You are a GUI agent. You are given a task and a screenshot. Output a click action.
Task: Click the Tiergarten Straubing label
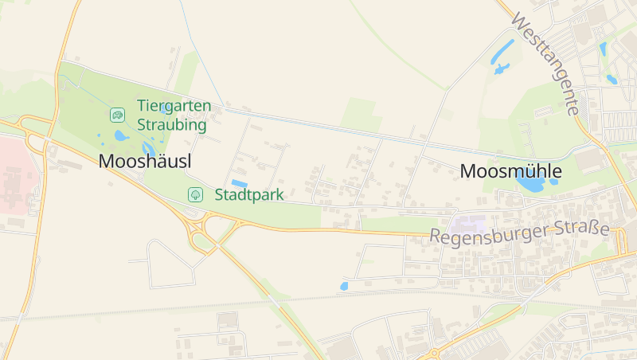(173, 115)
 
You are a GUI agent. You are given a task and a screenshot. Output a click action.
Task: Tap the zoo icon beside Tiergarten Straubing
(117, 115)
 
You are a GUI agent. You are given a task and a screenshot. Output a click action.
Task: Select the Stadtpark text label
(249, 194)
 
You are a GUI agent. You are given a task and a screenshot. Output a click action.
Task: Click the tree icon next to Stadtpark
(194, 194)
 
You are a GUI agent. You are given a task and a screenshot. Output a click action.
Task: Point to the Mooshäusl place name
(145, 161)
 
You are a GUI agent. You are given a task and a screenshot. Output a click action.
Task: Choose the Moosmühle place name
(511, 171)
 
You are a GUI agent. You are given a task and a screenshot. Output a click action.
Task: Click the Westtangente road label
(546, 63)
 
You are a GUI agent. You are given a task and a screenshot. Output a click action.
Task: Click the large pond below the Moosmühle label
(529, 185)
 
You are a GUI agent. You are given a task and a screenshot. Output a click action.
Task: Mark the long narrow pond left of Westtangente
(502, 53)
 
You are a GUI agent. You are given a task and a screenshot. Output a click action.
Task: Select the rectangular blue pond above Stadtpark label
(239, 183)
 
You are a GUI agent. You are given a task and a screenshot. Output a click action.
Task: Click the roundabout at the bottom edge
(434, 353)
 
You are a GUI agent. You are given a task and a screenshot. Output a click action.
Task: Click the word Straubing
(171, 124)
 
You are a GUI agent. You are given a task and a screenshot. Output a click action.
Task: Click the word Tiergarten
(174, 105)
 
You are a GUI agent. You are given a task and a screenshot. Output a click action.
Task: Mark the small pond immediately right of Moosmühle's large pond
(553, 182)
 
